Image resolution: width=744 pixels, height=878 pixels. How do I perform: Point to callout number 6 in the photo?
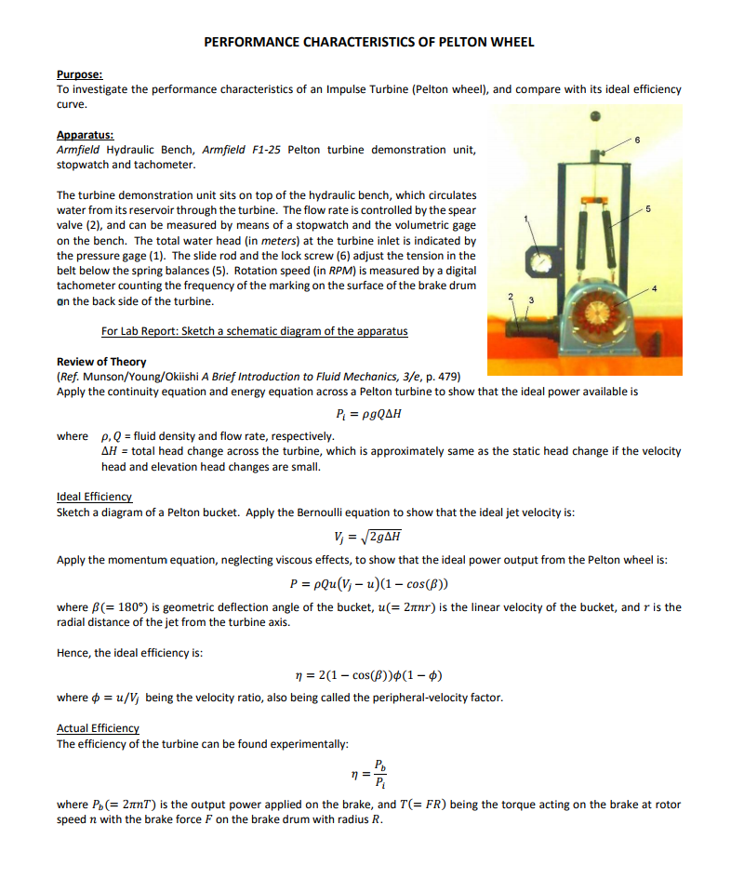tap(637, 140)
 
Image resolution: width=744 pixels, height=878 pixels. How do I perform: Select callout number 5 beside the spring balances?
tap(648, 208)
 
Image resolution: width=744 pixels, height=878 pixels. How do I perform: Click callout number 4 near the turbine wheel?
tap(655, 290)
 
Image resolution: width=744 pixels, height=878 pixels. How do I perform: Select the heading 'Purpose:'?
tap(80, 73)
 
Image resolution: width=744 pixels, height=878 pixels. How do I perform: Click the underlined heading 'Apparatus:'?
tap(85, 135)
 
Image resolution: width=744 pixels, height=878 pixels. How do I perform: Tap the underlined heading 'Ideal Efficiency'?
tap(95, 498)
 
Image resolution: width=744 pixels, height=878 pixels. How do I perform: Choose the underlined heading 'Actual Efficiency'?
tap(98, 728)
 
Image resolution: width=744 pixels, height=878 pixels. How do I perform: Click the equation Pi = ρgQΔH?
tap(373, 414)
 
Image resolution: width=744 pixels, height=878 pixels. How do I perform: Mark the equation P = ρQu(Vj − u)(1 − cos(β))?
tap(371, 584)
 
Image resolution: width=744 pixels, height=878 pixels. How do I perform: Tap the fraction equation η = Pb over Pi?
tap(372, 774)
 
